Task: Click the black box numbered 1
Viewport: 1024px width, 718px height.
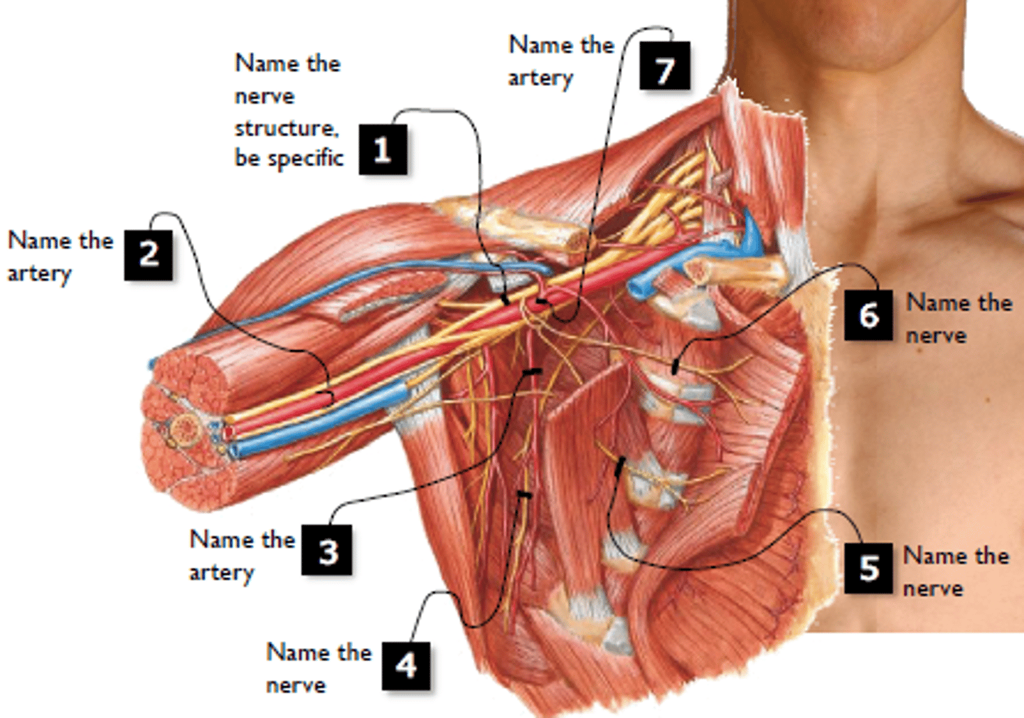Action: (x=383, y=149)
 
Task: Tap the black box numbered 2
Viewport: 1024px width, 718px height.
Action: (x=149, y=255)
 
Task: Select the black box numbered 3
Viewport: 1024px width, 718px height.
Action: (x=327, y=549)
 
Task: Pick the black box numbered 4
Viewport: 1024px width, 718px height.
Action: (x=406, y=665)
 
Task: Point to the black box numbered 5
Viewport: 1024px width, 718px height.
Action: (x=868, y=569)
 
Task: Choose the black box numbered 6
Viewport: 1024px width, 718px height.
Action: (x=868, y=315)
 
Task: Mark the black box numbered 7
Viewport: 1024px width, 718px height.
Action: (x=665, y=65)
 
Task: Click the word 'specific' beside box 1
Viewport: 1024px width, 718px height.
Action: (x=305, y=159)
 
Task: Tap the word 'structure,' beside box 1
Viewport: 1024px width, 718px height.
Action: (x=287, y=128)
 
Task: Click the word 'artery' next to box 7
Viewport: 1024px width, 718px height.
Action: (x=540, y=78)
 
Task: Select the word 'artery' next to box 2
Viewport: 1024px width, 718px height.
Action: (x=40, y=274)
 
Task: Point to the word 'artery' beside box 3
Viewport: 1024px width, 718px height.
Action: (x=222, y=573)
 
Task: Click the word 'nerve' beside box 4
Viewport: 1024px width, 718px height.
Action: (x=297, y=685)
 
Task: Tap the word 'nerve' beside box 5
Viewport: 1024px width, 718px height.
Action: (x=934, y=588)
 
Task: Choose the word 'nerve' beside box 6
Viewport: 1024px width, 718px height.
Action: (x=937, y=335)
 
